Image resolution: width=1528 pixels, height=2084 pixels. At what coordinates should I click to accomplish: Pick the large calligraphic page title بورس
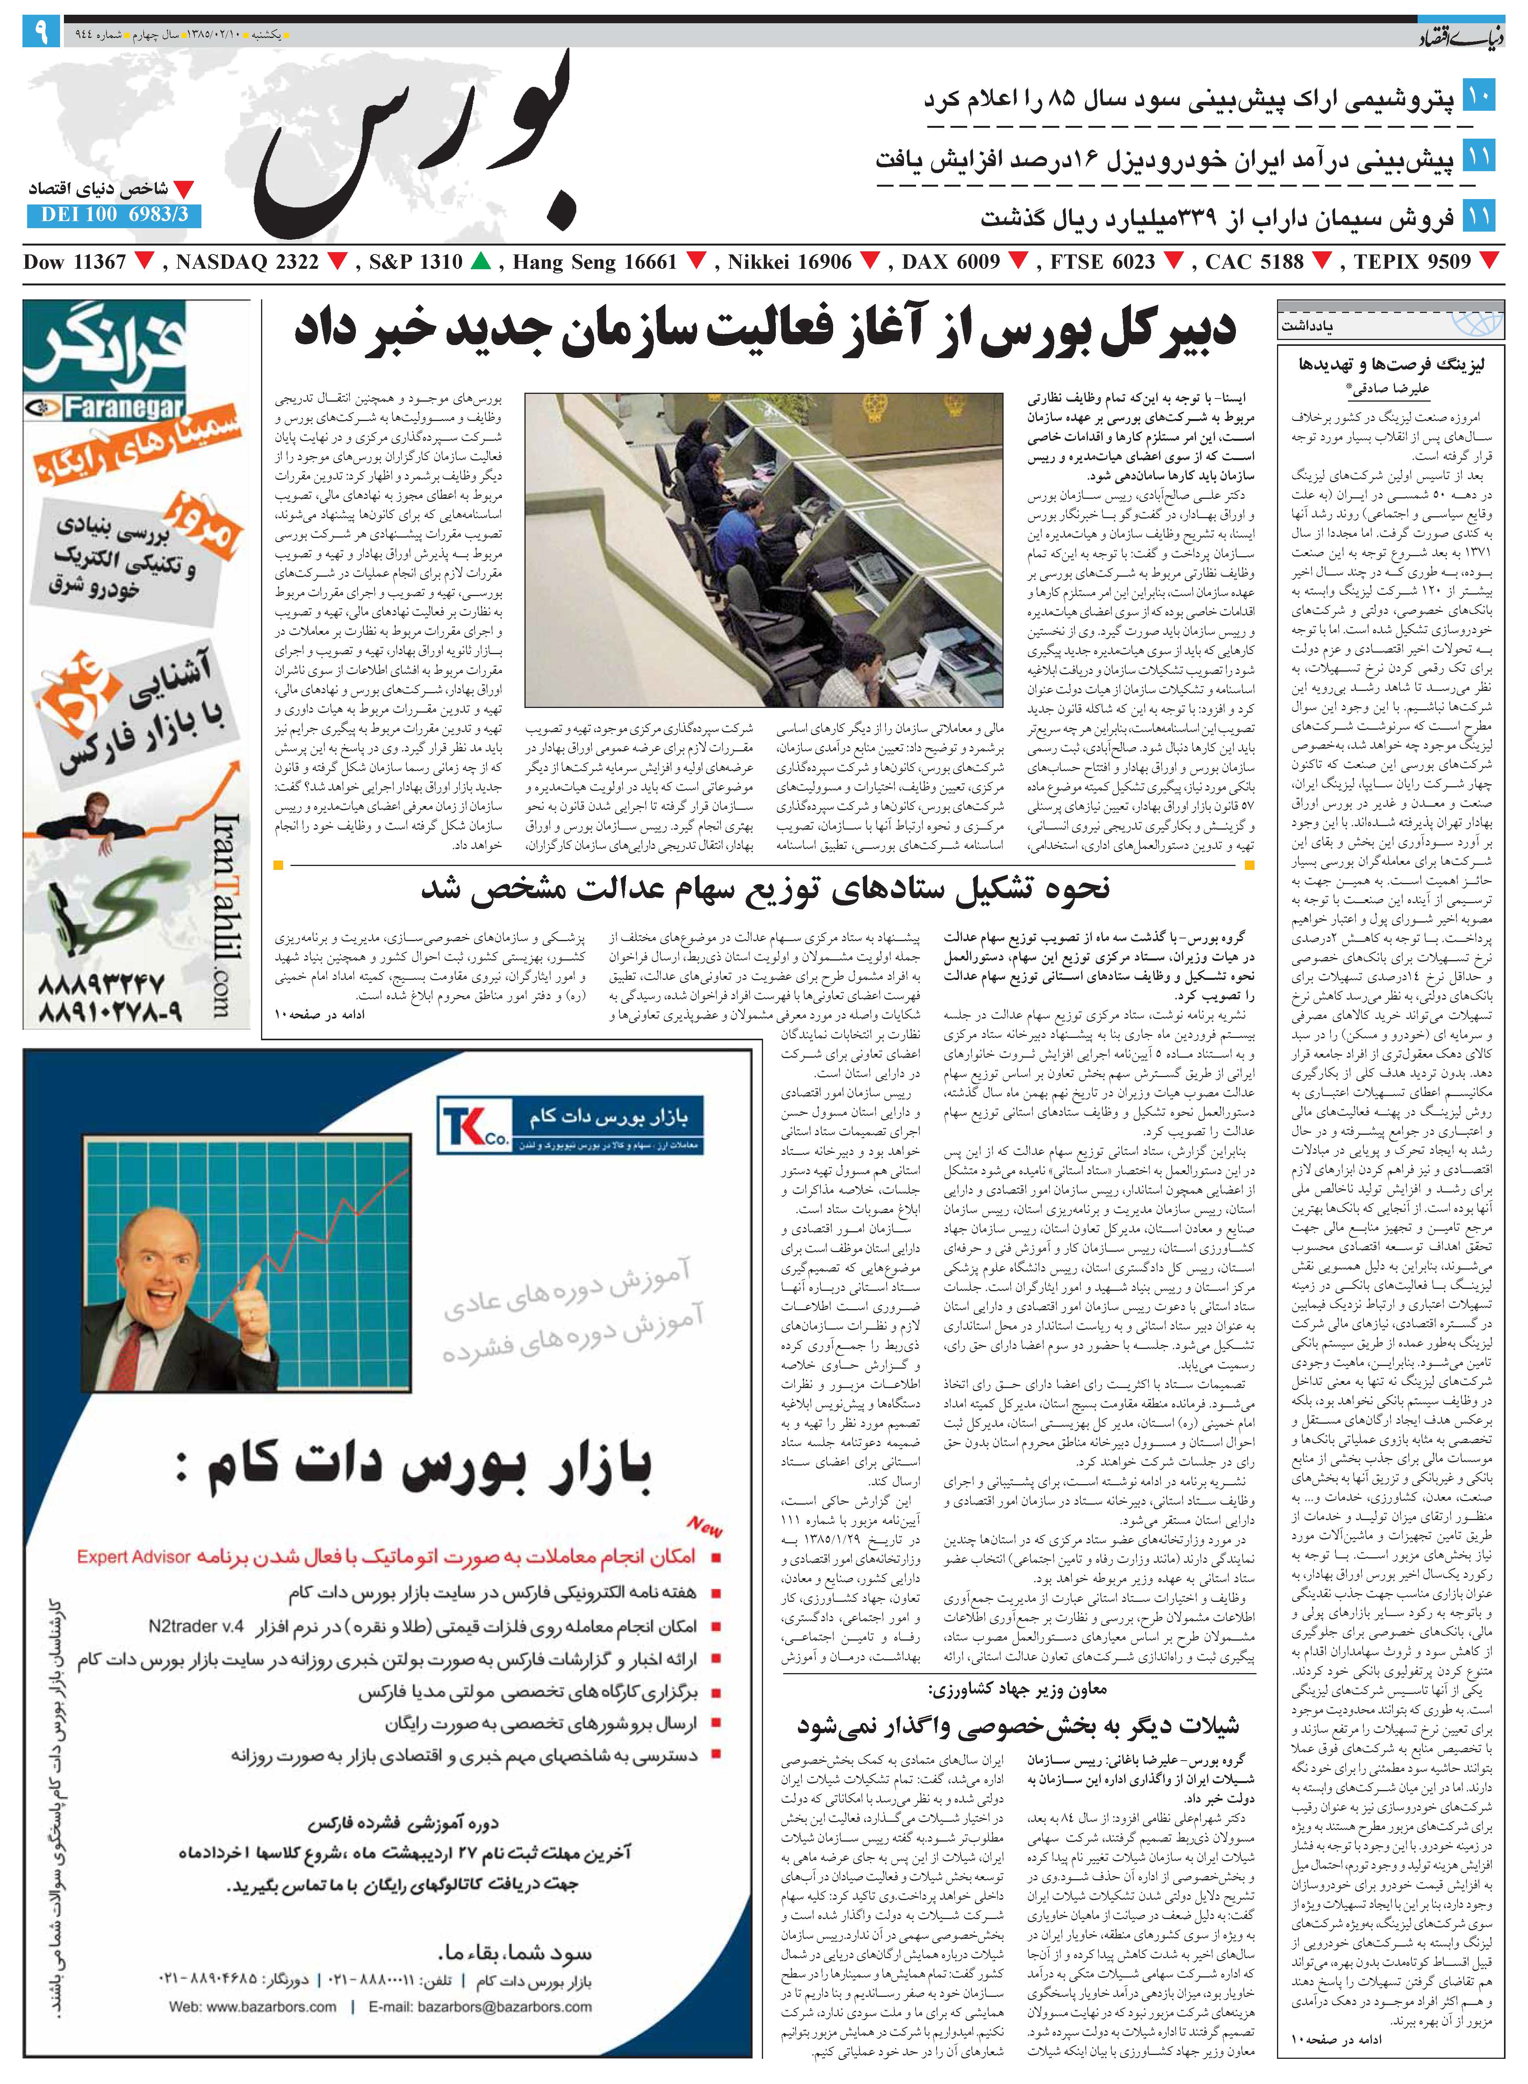[416, 148]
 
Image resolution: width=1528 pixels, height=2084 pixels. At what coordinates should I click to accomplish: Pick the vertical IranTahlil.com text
[227, 915]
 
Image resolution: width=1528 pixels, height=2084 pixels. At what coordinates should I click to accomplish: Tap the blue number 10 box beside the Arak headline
[1478, 95]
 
